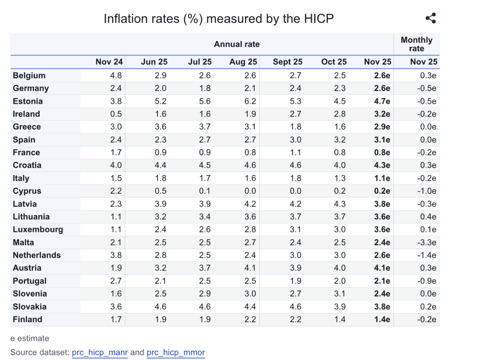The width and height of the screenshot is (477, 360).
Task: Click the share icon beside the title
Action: point(430,19)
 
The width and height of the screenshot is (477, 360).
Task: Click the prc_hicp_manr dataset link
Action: point(100,353)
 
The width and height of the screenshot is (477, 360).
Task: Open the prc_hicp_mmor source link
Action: point(176,353)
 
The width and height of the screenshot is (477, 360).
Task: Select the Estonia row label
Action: point(28,101)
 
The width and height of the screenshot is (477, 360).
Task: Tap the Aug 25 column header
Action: point(243,62)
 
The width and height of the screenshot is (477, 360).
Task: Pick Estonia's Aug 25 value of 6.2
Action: point(250,101)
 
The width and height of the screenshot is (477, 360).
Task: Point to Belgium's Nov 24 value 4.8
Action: point(116,75)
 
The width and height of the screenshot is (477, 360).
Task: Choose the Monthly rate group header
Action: point(416,44)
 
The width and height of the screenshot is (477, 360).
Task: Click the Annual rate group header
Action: point(237,44)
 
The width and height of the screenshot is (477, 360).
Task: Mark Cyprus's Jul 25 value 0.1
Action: point(205,191)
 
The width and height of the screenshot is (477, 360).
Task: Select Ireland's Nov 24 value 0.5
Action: point(116,114)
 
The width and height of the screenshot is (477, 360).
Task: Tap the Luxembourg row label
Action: point(38,230)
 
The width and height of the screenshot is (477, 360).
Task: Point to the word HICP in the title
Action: point(319,19)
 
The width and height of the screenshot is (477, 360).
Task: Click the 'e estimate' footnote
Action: point(30,339)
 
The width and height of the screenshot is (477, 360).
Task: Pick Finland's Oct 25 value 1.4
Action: point(340,319)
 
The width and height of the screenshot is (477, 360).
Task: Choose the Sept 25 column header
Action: point(287,62)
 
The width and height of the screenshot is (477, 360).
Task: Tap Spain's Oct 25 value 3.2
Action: point(340,140)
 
